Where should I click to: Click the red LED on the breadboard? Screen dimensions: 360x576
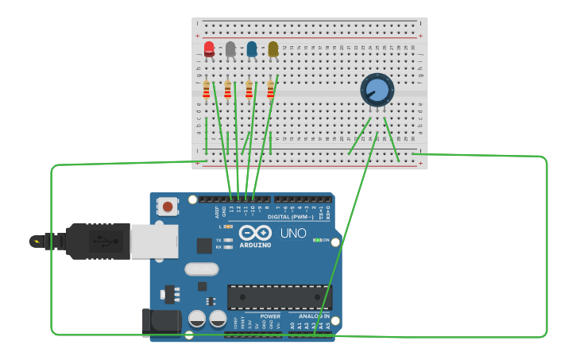(x=209, y=49)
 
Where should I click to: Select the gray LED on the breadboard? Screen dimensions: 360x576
(x=230, y=49)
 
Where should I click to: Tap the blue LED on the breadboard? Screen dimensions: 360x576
(x=252, y=49)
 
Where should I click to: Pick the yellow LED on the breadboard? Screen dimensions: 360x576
(x=273, y=49)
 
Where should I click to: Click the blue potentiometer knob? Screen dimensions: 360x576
(x=377, y=90)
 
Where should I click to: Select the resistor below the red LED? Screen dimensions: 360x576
(x=207, y=90)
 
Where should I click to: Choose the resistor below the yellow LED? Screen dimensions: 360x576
(x=270, y=90)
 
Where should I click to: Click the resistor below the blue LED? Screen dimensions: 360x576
(x=249, y=90)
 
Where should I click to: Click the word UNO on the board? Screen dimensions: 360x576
(x=292, y=233)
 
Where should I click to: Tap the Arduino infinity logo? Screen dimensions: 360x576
(x=255, y=233)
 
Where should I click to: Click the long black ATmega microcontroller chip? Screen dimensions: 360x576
(x=278, y=296)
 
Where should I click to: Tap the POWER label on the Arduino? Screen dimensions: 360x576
(x=269, y=315)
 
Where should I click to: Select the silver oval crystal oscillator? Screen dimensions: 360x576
(x=202, y=269)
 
